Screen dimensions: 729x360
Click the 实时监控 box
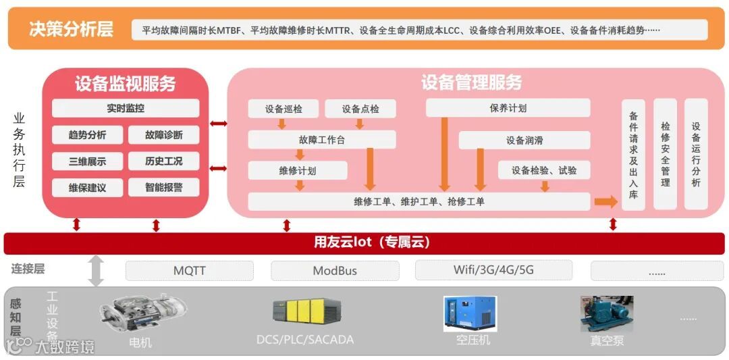pyautogui.click(x=126, y=108)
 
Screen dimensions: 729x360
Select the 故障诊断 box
pyautogui.click(x=163, y=134)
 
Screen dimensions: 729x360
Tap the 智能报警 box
pyautogui.click(x=163, y=187)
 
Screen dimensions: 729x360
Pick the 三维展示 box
pyautogui.click(x=87, y=161)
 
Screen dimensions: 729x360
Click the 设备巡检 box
pyautogui.click(x=283, y=109)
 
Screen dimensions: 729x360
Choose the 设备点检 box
pyautogui.click(x=360, y=109)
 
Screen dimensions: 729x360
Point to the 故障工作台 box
pyautogui.click(x=322, y=140)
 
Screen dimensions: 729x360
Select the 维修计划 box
pyautogui.click(x=298, y=170)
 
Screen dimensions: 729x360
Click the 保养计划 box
pyautogui.click(x=508, y=108)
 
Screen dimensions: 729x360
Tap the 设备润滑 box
pyautogui.click(x=524, y=140)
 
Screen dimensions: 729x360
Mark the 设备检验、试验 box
pyautogui.click(x=544, y=170)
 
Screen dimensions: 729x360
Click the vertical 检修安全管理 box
pyautogui.click(x=666, y=154)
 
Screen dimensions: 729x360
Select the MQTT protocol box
pyautogui.click(x=190, y=271)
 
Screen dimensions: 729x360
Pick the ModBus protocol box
pyautogui.click(x=335, y=271)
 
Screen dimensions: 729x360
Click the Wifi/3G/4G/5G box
pyautogui.click(x=493, y=270)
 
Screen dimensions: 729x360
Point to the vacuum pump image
pyautogui.click(x=606, y=315)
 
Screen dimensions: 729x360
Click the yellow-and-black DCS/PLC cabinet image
pyautogui.click(x=306, y=311)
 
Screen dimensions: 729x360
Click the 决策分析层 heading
pyautogui.click(x=71, y=29)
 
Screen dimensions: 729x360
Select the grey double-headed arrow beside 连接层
pyautogui.click(x=97, y=270)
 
